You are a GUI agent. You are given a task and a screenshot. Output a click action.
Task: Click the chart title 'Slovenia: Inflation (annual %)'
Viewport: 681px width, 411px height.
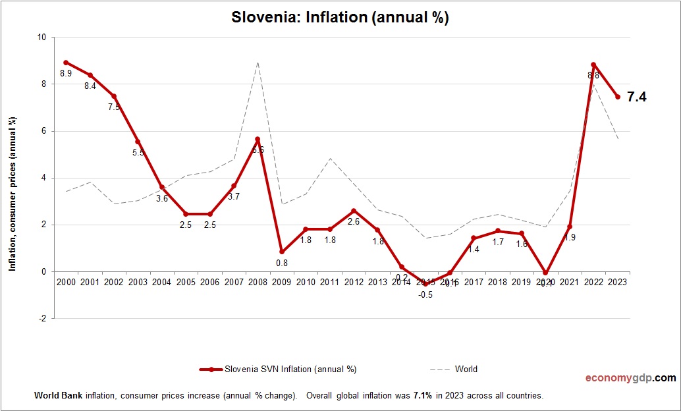(340, 18)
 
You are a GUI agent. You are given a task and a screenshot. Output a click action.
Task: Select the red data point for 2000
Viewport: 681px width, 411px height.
(66, 63)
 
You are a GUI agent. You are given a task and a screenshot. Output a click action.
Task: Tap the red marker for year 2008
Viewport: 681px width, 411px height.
(258, 140)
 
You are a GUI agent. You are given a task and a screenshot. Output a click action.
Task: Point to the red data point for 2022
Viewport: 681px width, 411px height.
(593, 65)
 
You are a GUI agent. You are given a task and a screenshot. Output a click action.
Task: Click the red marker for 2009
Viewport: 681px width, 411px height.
(282, 252)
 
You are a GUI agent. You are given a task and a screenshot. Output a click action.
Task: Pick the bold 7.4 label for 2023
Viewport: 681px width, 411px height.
(636, 97)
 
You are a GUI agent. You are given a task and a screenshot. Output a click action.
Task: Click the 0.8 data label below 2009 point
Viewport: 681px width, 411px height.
(282, 263)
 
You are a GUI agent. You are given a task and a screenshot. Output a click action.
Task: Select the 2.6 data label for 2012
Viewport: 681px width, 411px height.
(354, 221)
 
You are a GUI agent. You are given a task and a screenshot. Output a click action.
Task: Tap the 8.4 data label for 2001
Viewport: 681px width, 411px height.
(90, 86)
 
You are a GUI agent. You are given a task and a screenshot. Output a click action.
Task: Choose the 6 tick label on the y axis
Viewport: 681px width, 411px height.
(43, 131)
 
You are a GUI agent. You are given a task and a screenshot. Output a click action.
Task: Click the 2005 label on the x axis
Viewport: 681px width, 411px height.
(186, 282)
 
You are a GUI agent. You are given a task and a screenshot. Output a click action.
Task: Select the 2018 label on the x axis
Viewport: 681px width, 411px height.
(497, 282)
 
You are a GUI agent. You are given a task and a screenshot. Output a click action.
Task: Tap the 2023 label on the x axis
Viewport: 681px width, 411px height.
(617, 282)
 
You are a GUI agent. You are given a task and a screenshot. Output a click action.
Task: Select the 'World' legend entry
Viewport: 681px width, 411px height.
(466, 369)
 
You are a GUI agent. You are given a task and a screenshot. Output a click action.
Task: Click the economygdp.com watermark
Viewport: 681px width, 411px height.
(630, 378)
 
